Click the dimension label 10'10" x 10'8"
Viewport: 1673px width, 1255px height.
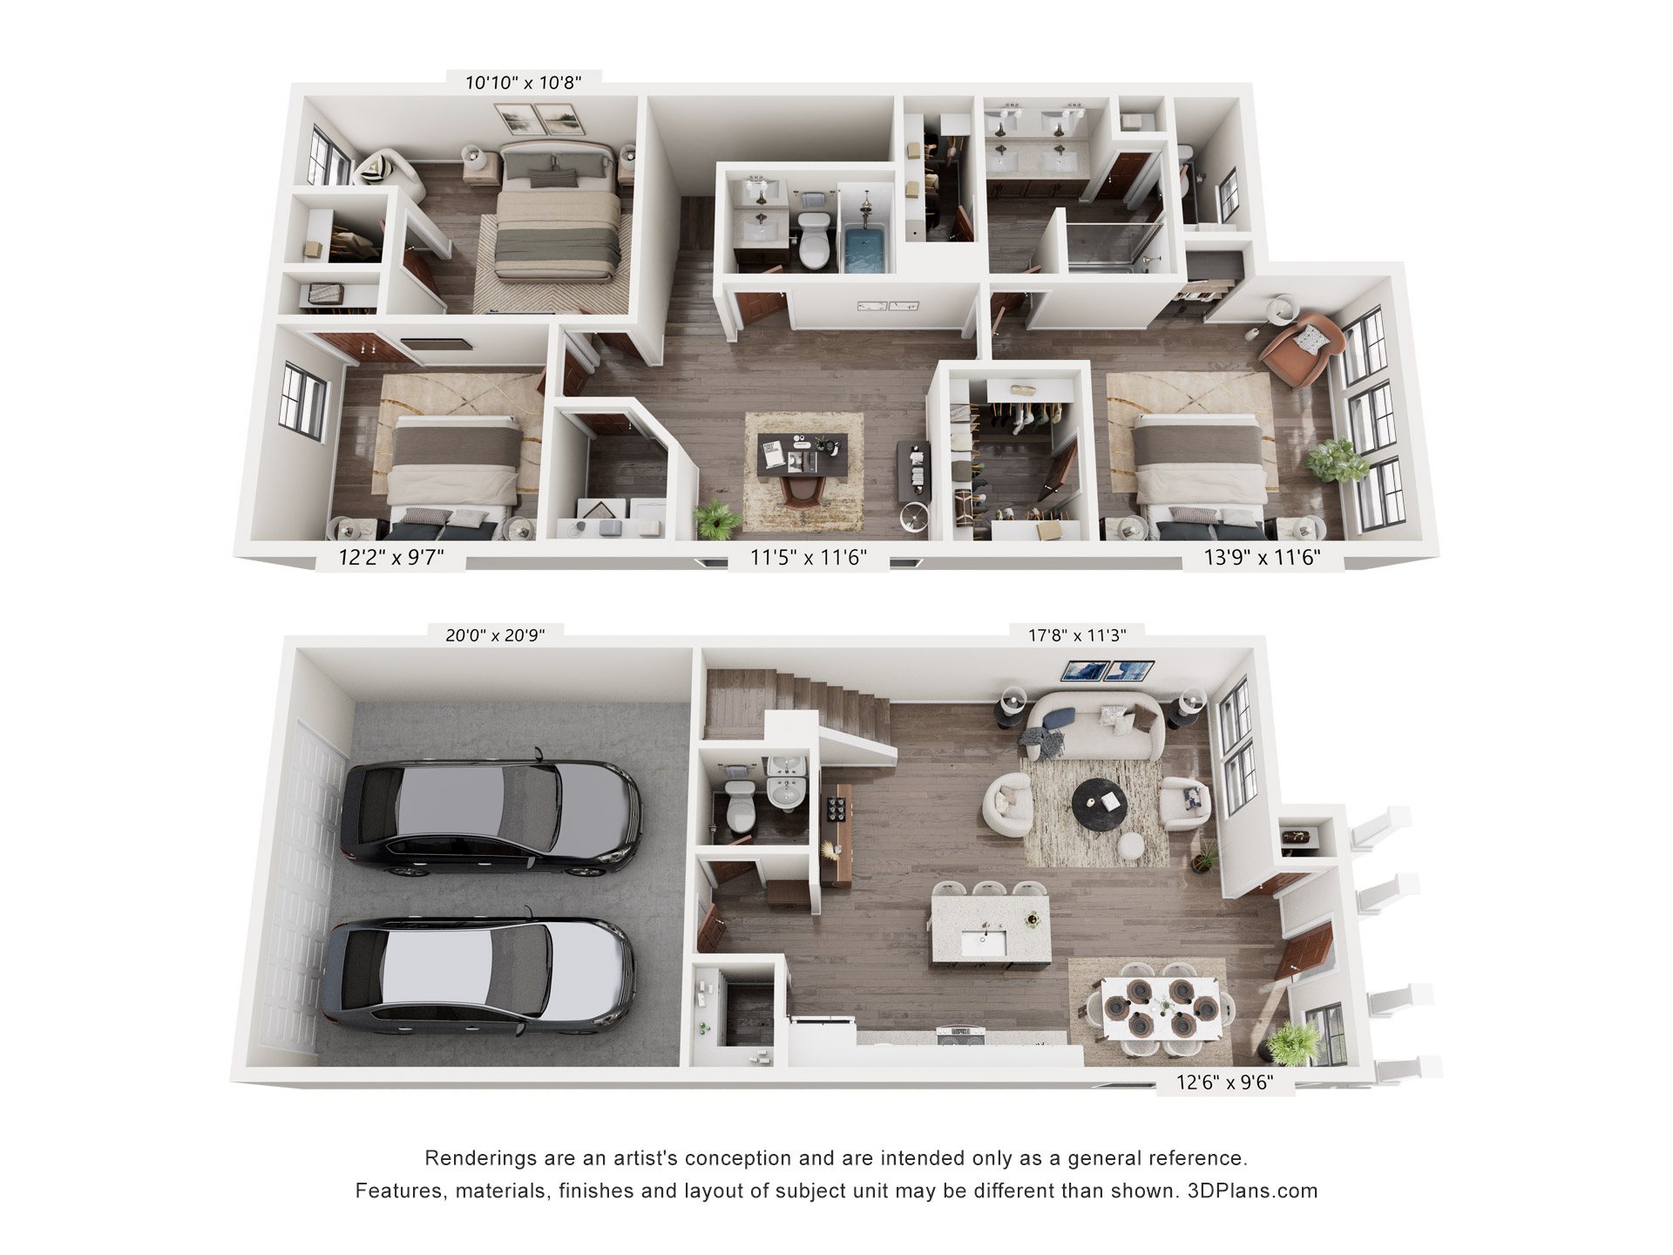click(523, 83)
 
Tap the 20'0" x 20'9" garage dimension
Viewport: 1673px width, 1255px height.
click(495, 635)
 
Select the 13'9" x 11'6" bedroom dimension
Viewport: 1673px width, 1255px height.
click(1262, 557)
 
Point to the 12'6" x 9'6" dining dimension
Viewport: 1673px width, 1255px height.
click(1224, 1082)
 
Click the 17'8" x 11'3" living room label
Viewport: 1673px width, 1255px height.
click(1077, 635)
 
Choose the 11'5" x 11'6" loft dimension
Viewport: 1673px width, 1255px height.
click(809, 557)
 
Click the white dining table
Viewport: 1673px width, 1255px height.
click(1163, 1007)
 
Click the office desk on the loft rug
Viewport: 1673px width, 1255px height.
click(802, 454)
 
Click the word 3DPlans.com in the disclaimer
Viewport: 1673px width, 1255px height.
click(1253, 1191)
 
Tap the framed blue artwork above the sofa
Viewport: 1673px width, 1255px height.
click(1107, 671)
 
